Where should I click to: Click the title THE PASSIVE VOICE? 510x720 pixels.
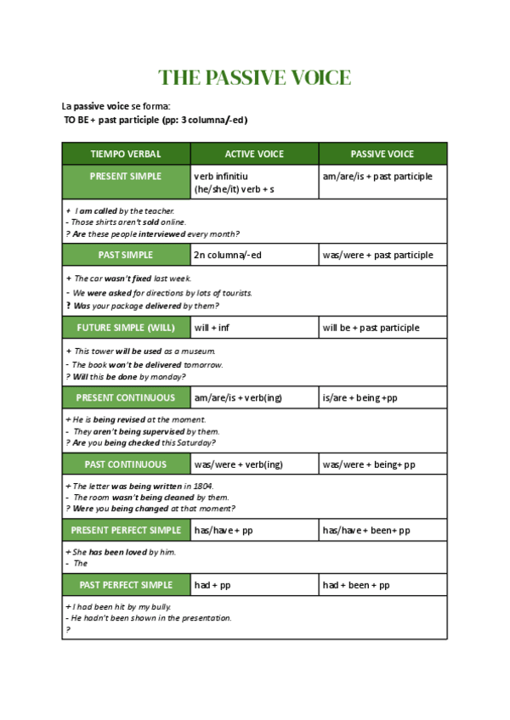(254, 78)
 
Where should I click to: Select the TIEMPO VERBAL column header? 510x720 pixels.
(126, 155)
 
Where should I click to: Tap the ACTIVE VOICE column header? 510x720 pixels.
(254, 155)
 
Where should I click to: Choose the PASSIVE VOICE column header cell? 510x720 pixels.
(382, 155)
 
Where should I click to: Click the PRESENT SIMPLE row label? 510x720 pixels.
(126, 177)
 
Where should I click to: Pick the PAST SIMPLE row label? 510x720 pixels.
(126, 255)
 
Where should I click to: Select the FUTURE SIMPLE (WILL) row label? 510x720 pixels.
(126, 328)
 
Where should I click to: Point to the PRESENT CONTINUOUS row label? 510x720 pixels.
(126, 397)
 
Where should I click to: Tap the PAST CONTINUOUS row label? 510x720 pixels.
(126, 464)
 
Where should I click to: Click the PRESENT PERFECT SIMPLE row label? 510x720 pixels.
(126, 531)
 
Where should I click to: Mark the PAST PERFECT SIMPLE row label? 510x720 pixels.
(126, 585)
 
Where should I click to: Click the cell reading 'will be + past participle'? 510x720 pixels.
(371, 328)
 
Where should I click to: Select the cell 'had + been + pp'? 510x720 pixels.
(356, 585)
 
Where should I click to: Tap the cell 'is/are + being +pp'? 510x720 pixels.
(360, 397)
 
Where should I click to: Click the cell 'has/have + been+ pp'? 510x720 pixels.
(366, 531)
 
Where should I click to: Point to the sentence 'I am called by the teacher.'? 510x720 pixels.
(124, 211)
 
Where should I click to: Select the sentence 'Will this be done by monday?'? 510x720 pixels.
(128, 376)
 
